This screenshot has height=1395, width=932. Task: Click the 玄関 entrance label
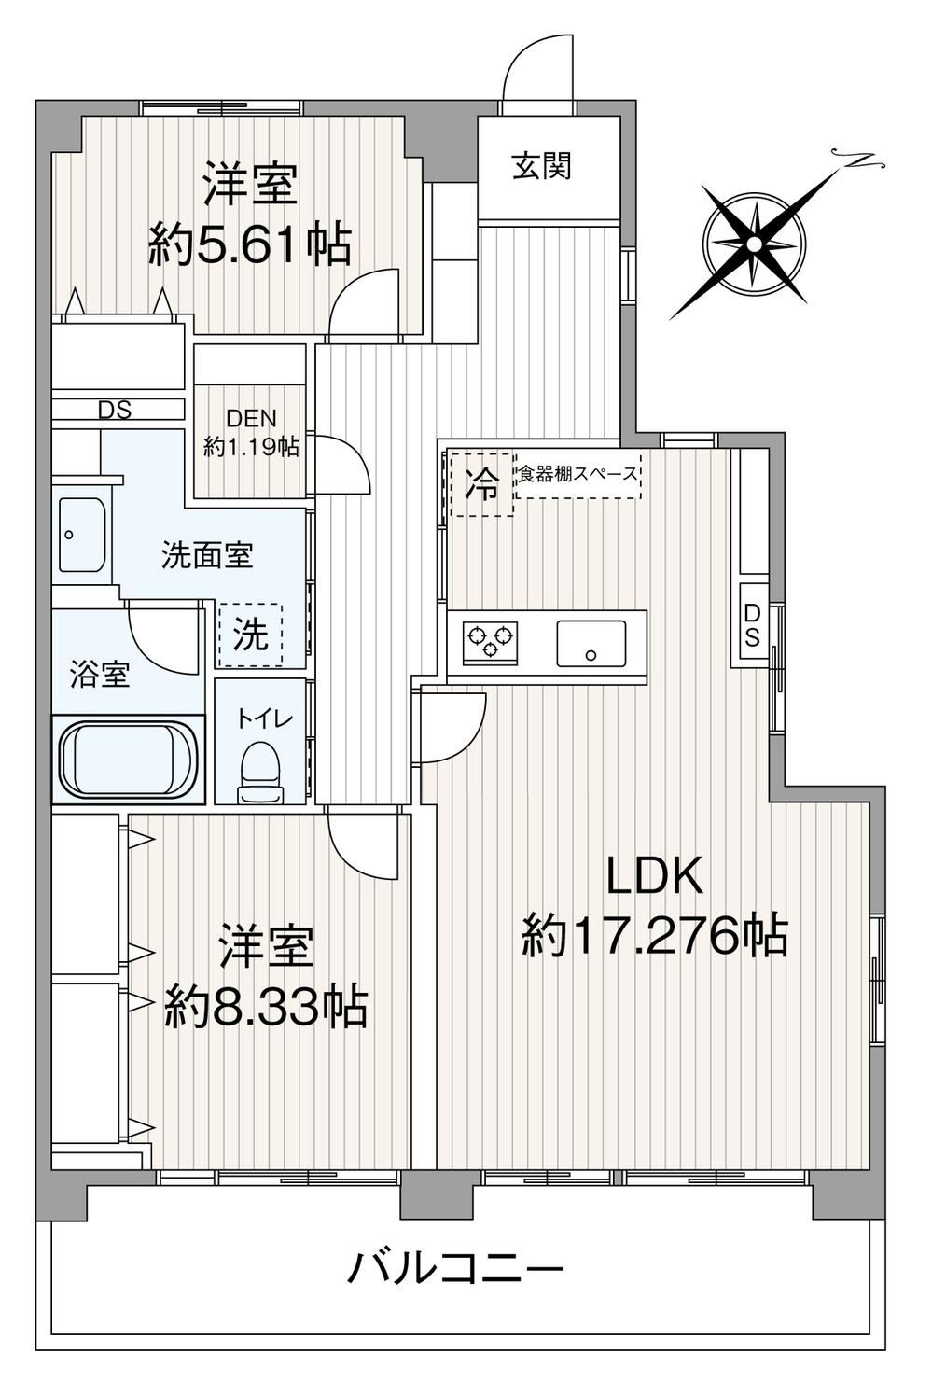(x=541, y=166)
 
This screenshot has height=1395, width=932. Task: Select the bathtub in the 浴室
(x=128, y=759)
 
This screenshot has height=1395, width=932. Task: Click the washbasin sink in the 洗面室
(x=81, y=535)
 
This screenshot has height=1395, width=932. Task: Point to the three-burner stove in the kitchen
(x=490, y=641)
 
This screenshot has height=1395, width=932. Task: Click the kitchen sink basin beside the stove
(x=591, y=643)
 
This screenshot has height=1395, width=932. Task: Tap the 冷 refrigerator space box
(x=482, y=484)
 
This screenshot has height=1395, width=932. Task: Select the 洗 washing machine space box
(x=250, y=634)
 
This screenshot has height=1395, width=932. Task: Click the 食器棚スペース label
(x=577, y=475)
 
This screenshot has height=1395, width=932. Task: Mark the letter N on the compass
(x=862, y=160)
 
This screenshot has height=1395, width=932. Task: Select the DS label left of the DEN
(x=115, y=410)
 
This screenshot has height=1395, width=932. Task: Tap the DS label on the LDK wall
(x=752, y=625)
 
